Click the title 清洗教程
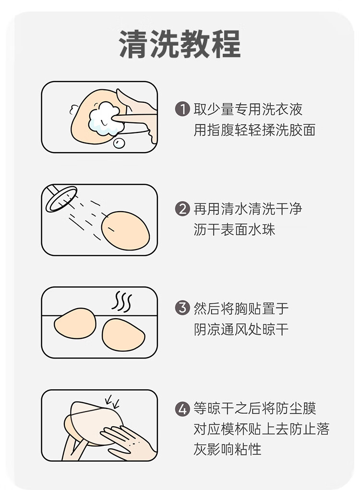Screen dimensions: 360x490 (180, 44)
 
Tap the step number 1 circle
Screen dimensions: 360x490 (182, 109)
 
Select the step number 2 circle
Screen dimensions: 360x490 (182, 209)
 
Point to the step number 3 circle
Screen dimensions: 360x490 (182, 308)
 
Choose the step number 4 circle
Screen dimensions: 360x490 (182, 408)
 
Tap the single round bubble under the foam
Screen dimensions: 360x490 (119, 143)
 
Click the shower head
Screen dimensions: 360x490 (61, 198)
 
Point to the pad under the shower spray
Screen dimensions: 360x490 (126, 231)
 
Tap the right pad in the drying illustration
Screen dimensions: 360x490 (124, 335)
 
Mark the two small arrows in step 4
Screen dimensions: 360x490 (112, 402)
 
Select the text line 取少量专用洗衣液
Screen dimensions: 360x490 (248, 109)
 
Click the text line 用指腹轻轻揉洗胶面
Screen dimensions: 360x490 (255, 130)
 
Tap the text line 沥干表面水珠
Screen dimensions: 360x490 (234, 229)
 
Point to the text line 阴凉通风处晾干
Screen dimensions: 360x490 (241, 329)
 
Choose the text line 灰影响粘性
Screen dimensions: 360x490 (228, 449)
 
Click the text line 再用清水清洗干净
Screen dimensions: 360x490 (248, 209)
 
